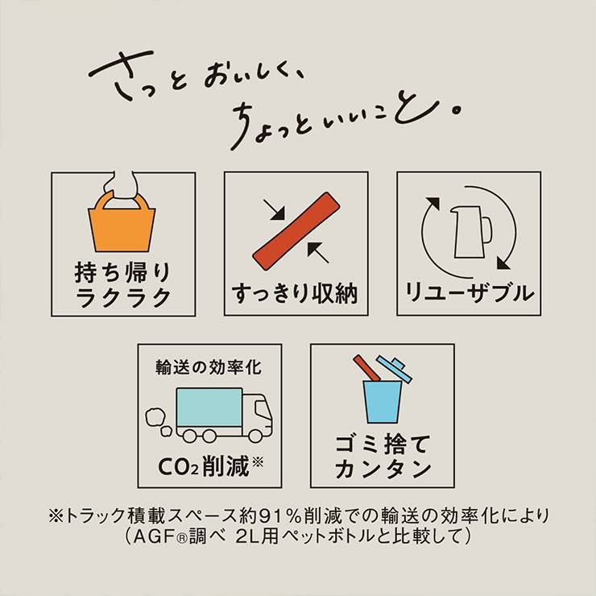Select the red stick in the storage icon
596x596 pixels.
(x=296, y=231)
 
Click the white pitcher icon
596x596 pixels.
(x=470, y=232)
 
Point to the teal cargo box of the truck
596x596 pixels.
(x=209, y=407)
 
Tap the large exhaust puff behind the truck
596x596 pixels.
(x=155, y=417)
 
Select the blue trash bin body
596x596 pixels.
(x=382, y=402)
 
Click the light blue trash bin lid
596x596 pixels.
(x=395, y=369)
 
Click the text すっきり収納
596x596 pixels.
(x=295, y=293)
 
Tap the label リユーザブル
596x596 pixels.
(x=469, y=293)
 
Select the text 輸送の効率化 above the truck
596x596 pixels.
(x=209, y=367)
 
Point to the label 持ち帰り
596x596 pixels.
(x=122, y=272)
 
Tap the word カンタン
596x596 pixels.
(x=383, y=469)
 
